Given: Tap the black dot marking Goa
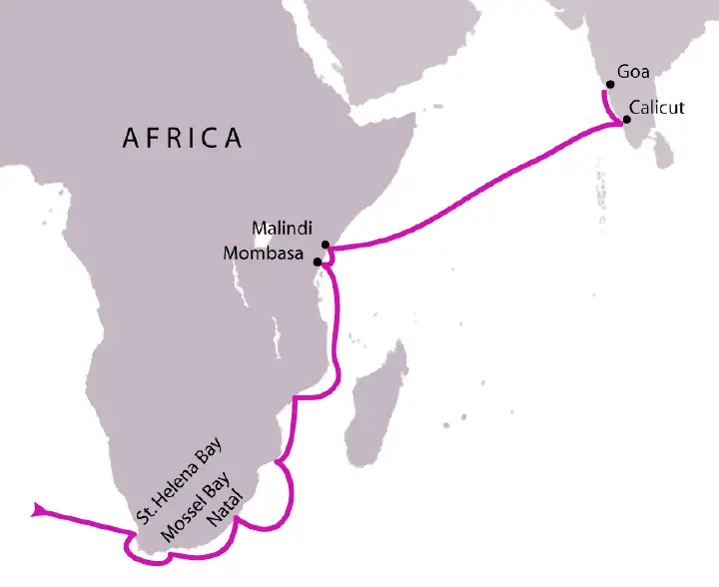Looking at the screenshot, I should pos(609,85).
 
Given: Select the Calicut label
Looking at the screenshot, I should pos(656,107).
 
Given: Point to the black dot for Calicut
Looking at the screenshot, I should pos(626,120).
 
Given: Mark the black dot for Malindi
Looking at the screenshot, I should pos(326,245).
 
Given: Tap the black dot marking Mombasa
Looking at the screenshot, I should pos(318,262).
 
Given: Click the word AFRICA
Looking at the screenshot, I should pos(182,138).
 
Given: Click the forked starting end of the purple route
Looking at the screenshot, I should pos(38,510).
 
